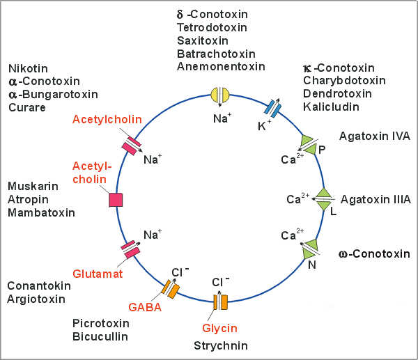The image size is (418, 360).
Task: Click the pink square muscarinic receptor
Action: click(x=116, y=199)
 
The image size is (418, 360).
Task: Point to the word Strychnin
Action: click(x=220, y=345)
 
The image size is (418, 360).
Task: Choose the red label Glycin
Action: click(x=220, y=328)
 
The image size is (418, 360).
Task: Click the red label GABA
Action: click(x=144, y=306)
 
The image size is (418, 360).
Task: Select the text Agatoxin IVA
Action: click(x=376, y=136)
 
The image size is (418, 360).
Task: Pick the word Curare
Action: click(x=26, y=107)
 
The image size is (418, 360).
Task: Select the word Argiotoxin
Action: click(x=36, y=299)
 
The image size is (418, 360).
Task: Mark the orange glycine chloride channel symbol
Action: click(x=220, y=303)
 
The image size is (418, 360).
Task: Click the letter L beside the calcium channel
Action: click(x=333, y=212)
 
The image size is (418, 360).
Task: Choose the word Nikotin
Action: click(x=29, y=68)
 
